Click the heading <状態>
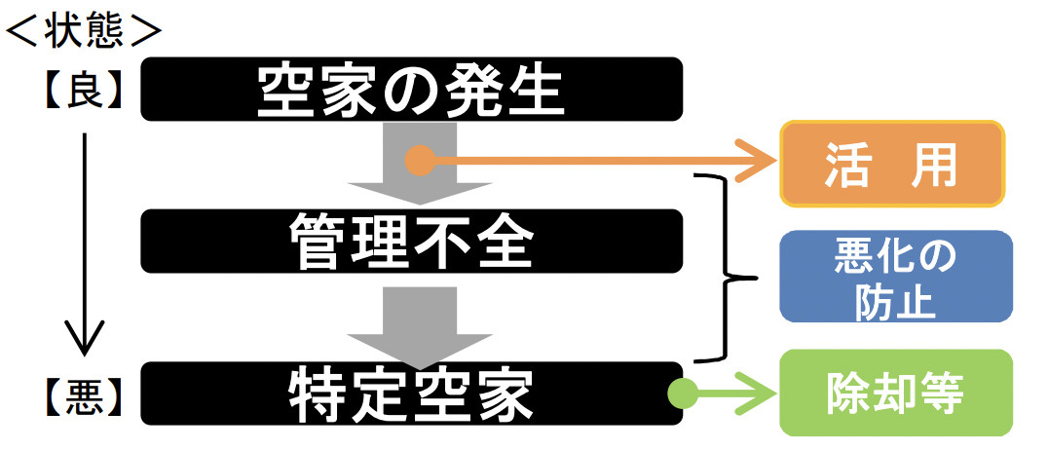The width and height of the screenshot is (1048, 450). [x=83, y=30]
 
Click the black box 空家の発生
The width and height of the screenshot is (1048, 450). [x=410, y=90]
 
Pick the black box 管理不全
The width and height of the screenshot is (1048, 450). [x=410, y=241]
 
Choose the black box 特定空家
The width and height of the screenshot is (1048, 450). [x=410, y=394]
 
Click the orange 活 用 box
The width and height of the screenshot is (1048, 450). [x=892, y=164]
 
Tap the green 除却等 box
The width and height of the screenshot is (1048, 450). [x=895, y=394]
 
